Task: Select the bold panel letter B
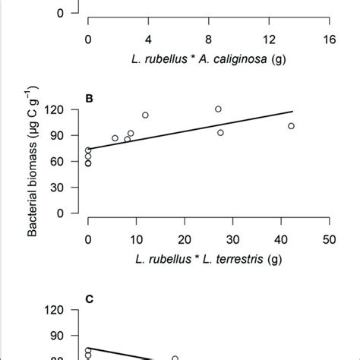pyautogui.click(x=89, y=97)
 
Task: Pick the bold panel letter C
pyautogui.click(x=89, y=298)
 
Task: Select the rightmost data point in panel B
pyautogui.click(x=291, y=126)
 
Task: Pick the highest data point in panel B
pyautogui.click(x=218, y=109)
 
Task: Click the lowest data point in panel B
pyautogui.click(x=88, y=163)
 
